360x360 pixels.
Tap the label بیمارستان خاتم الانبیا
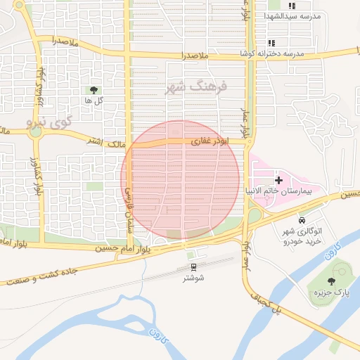tap(283, 191)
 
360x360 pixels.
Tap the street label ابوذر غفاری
tap(207, 141)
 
